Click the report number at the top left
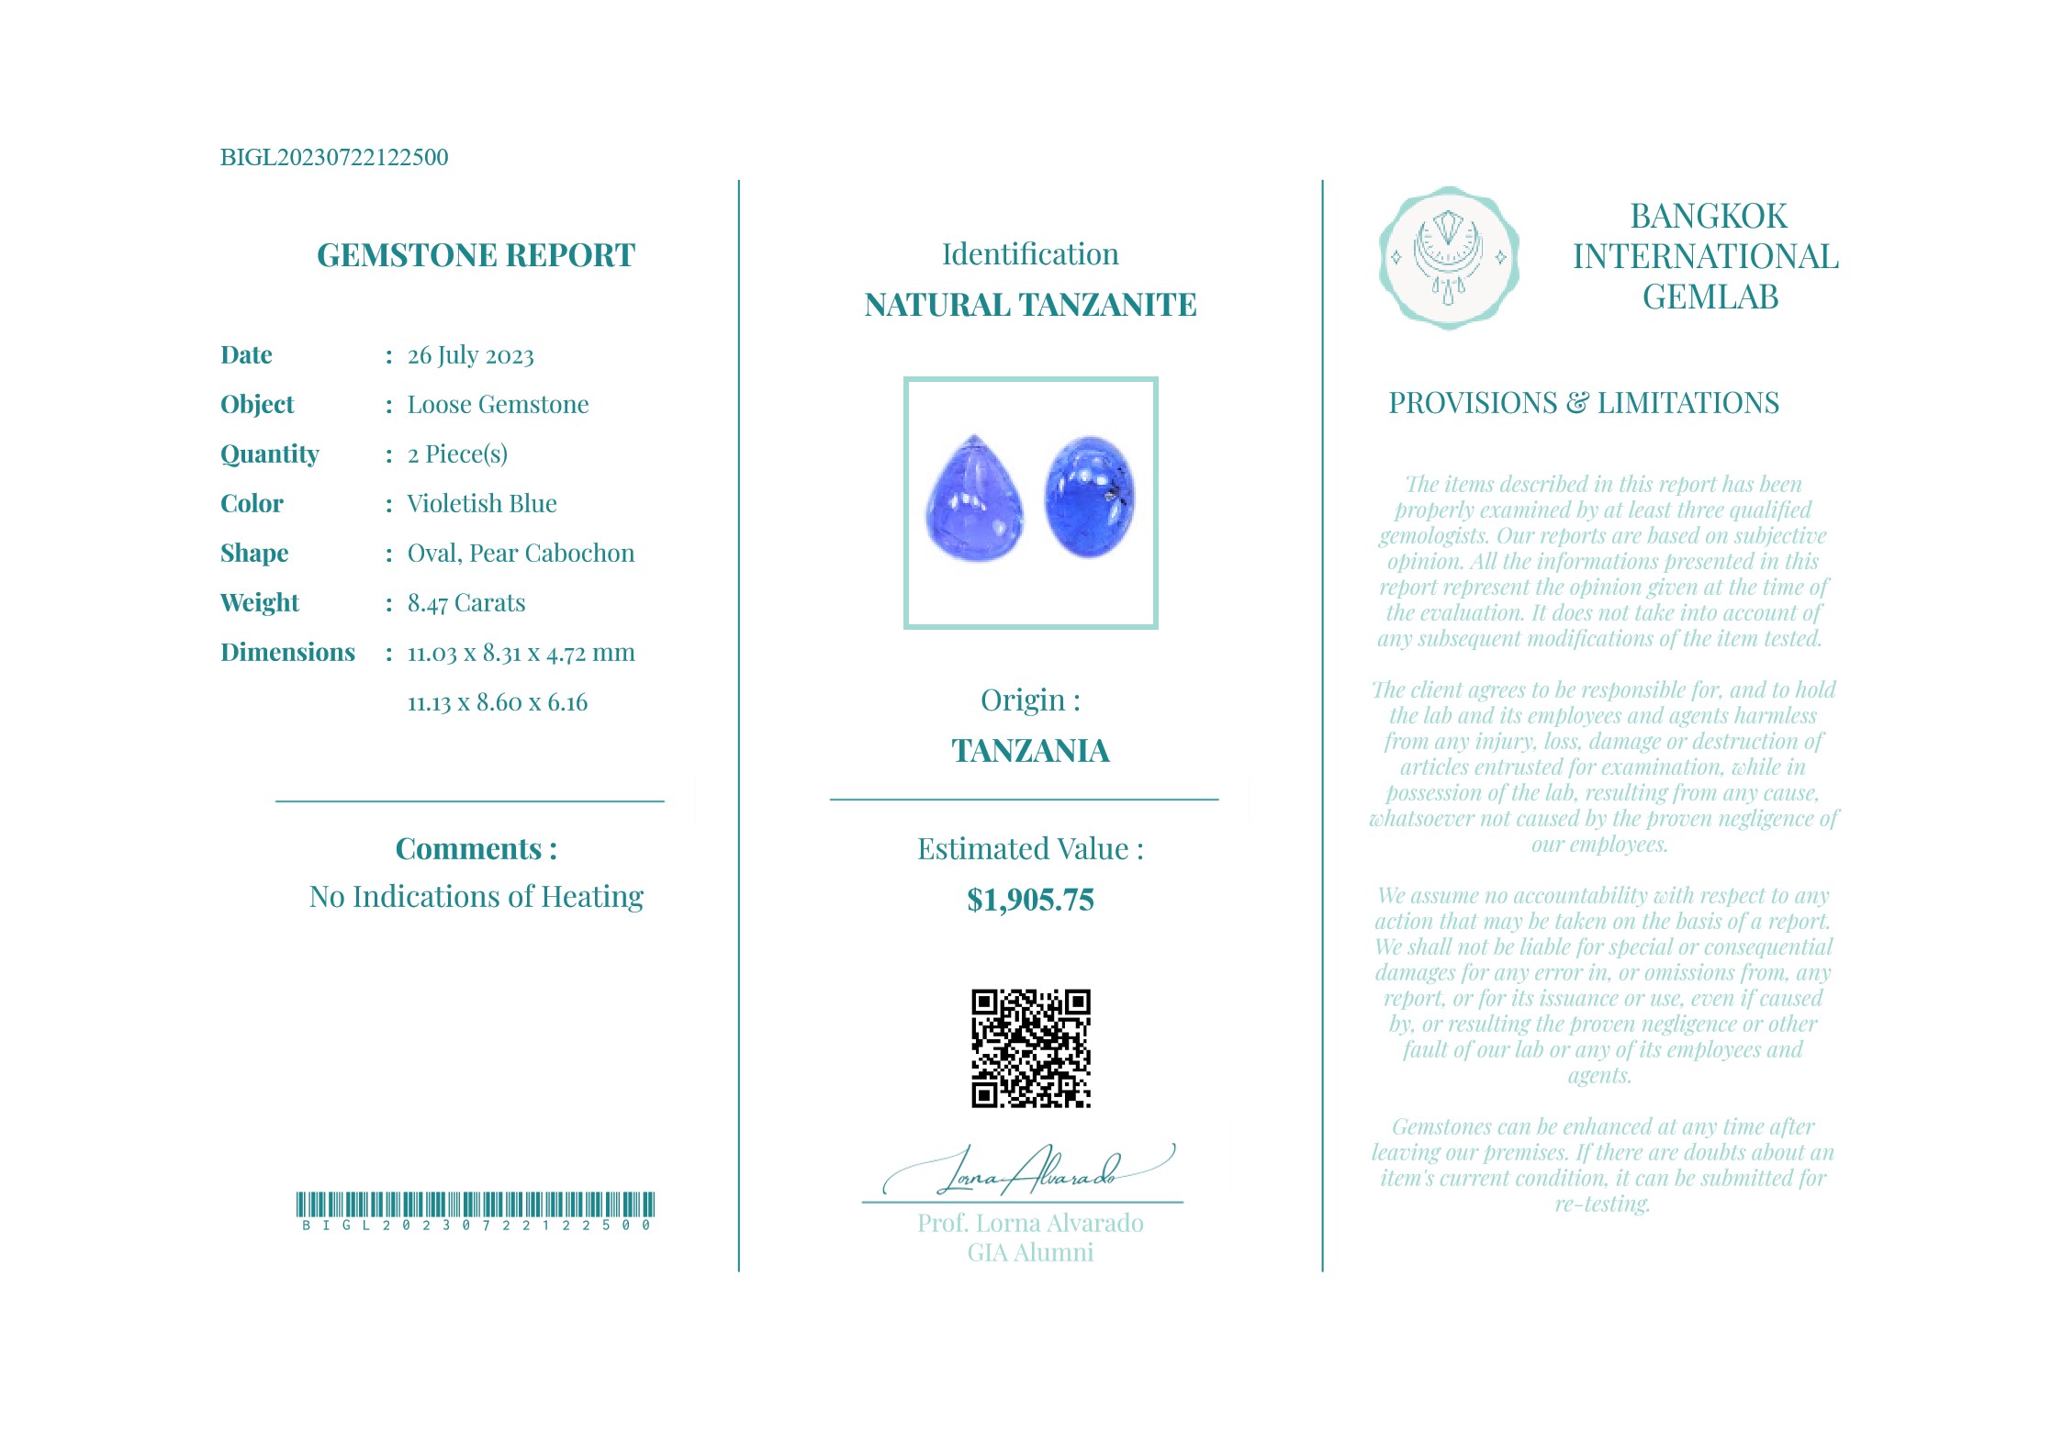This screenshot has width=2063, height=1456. coord(334,157)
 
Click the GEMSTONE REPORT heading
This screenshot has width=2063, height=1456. coord(476,255)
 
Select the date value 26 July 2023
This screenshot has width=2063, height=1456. coord(470,355)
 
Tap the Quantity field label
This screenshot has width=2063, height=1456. coord(269,454)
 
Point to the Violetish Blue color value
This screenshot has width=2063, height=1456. coord(482,504)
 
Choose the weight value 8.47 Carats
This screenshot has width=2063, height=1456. coord(466,603)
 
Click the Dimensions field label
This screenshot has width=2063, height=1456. coord(287,653)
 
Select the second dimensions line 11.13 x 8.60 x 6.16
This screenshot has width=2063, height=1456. coord(497,703)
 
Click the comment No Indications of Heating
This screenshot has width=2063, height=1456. coord(476,897)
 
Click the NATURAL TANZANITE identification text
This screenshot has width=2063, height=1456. coord(1030,305)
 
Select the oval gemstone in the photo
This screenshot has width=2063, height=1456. coord(1090,497)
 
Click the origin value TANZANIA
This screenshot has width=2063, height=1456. coord(1030,751)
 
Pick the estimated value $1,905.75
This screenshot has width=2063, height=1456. coord(1030,901)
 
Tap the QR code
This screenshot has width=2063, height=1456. coord(1030,1048)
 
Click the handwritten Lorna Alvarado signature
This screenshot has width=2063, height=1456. coord(1028,1170)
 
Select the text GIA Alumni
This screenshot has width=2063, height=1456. coord(1030,1253)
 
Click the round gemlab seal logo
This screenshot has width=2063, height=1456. coord(1448,258)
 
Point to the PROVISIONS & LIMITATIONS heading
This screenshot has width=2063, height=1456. coord(1583,403)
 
